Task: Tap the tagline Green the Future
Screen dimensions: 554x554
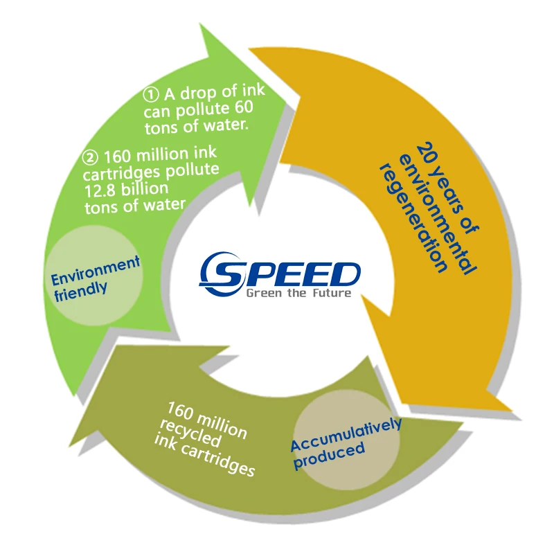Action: click(x=298, y=293)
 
